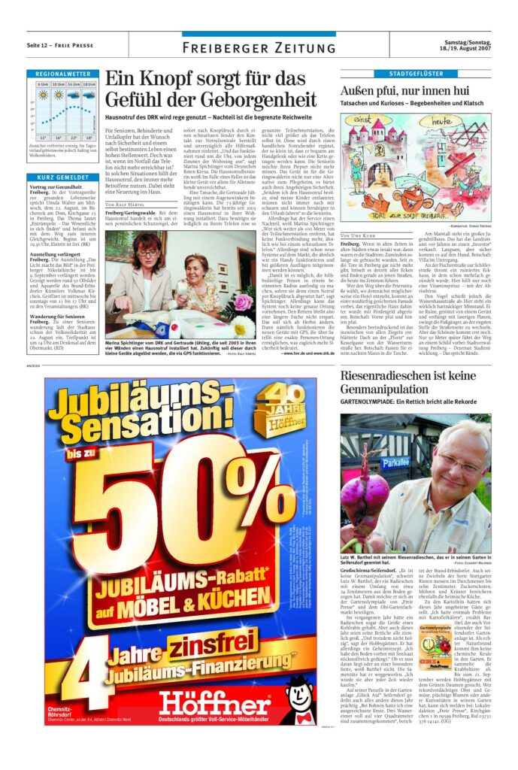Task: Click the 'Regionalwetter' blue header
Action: pos(62,74)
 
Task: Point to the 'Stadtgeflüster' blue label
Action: pos(415,74)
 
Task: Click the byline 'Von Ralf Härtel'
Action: pos(124,205)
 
